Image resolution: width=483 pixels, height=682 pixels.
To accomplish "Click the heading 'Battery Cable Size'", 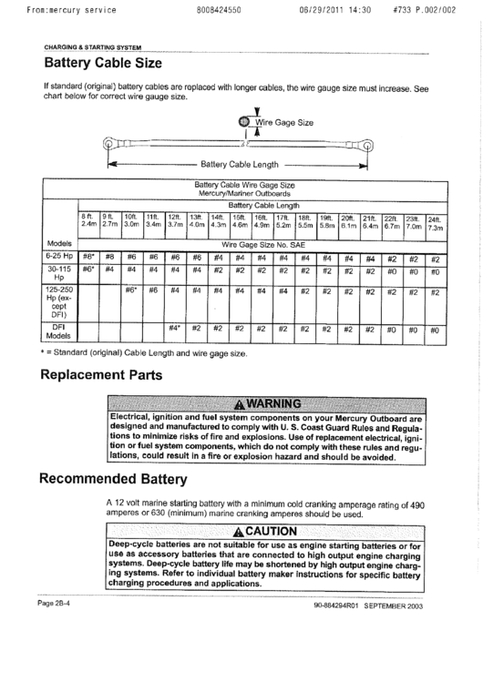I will pos(103,64).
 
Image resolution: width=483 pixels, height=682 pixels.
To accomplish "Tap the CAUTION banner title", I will pos(267,532).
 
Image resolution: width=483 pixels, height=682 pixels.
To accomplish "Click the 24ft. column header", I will pos(435,221).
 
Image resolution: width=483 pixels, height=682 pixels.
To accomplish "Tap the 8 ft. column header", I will pos(88,219).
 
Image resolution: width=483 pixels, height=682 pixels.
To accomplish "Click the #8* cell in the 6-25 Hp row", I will pos(88,258).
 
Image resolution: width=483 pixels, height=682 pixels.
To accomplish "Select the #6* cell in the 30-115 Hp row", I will pos(88,270).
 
